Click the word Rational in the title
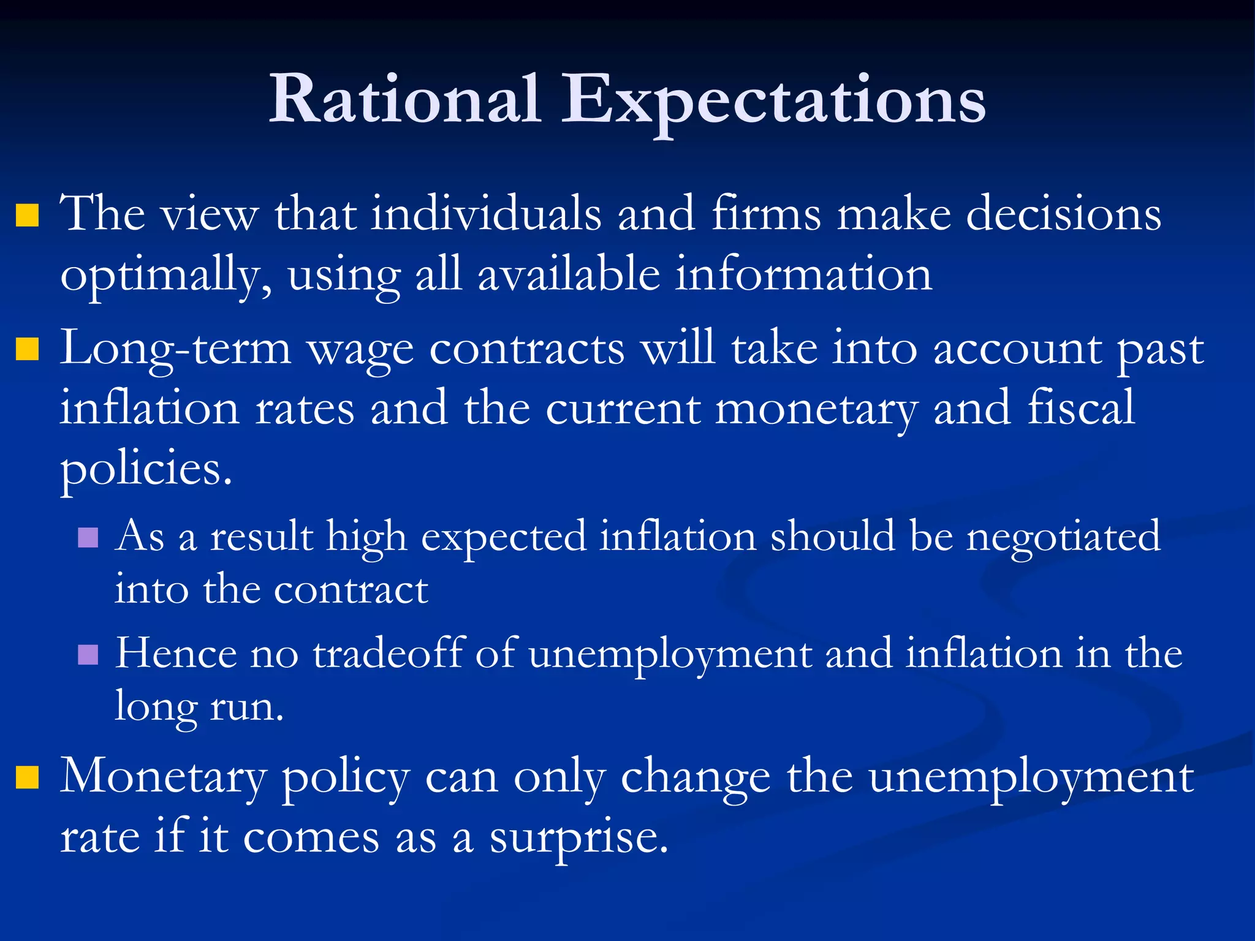click(404, 99)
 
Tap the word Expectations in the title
click(773, 101)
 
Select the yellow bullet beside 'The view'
click(28, 216)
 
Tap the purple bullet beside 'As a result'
click(88, 537)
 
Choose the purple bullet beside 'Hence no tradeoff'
click(88, 654)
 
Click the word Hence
click(176, 653)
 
